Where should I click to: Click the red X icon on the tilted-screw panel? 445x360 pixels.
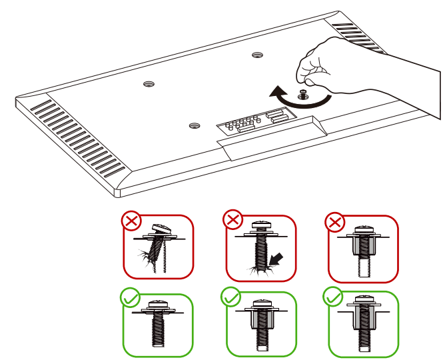(130, 221)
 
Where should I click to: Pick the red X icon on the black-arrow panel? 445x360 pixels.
(232, 219)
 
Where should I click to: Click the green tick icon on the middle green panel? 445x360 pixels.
(232, 297)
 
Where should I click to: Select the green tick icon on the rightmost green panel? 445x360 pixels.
(331, 297)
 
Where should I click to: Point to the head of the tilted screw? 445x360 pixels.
(162, 229)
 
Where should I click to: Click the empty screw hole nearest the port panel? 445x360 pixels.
(194, 125)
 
